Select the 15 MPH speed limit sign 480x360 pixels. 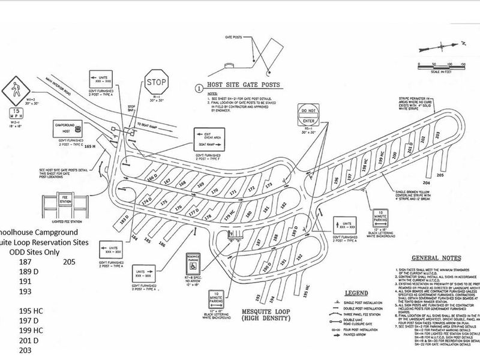17,114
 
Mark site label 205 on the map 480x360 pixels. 440,175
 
